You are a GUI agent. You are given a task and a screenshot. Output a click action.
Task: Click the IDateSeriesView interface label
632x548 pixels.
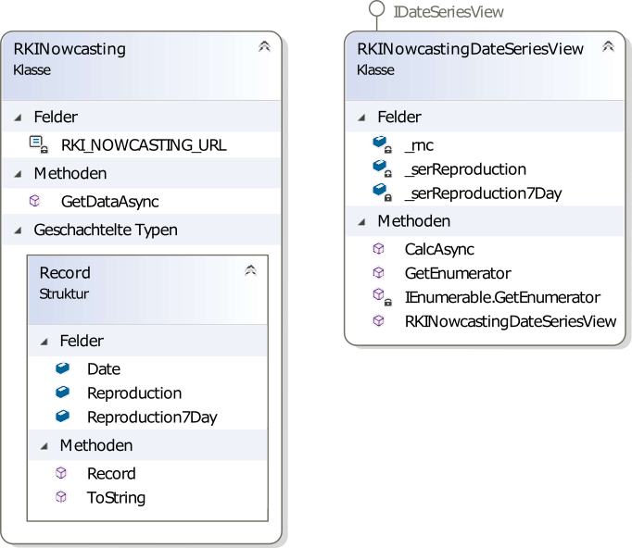click(449, 12)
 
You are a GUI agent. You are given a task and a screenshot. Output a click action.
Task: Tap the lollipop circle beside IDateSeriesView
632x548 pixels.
click(377, 8)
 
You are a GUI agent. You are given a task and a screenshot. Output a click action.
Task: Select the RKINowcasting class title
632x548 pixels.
click(70, 49)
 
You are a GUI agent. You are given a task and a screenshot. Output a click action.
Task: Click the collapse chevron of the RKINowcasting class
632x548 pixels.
click(264, 46)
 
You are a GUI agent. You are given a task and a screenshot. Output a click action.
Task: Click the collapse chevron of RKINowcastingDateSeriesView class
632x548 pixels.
click(608, 46)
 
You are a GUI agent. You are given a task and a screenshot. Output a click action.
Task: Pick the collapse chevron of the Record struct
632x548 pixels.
click(251, 269)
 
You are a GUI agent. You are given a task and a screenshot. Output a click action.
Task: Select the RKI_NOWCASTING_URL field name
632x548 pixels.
click(144, 145)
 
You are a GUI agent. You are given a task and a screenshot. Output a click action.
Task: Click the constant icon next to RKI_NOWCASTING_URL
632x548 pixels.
click(39, 144)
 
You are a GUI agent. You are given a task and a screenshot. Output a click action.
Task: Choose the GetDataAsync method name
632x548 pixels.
click(110, 201)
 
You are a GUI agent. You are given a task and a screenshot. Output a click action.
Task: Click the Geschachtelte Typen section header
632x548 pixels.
click(106, 230)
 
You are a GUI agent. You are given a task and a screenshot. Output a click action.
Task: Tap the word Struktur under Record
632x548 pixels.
click(64, 293)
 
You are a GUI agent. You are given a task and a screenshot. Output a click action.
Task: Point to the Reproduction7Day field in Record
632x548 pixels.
click(152, 417)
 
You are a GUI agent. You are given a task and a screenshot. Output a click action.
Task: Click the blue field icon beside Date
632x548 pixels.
click(62, 368)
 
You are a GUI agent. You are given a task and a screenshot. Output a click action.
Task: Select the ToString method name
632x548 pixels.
click(116, 498)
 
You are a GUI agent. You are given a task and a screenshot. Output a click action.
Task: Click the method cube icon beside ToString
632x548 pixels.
click(61, 497)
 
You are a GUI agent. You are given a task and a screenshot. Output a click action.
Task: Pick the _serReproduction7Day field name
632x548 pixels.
click(484, 193)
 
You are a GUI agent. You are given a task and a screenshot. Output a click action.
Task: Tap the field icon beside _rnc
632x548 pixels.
click(382, 144)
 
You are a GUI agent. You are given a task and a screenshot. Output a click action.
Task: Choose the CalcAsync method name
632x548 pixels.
click(439, 249)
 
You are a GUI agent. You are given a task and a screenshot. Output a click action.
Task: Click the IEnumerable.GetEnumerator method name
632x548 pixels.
click(502, 297)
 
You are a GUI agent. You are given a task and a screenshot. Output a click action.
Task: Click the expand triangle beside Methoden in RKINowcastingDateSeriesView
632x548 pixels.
click(362, 221)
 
